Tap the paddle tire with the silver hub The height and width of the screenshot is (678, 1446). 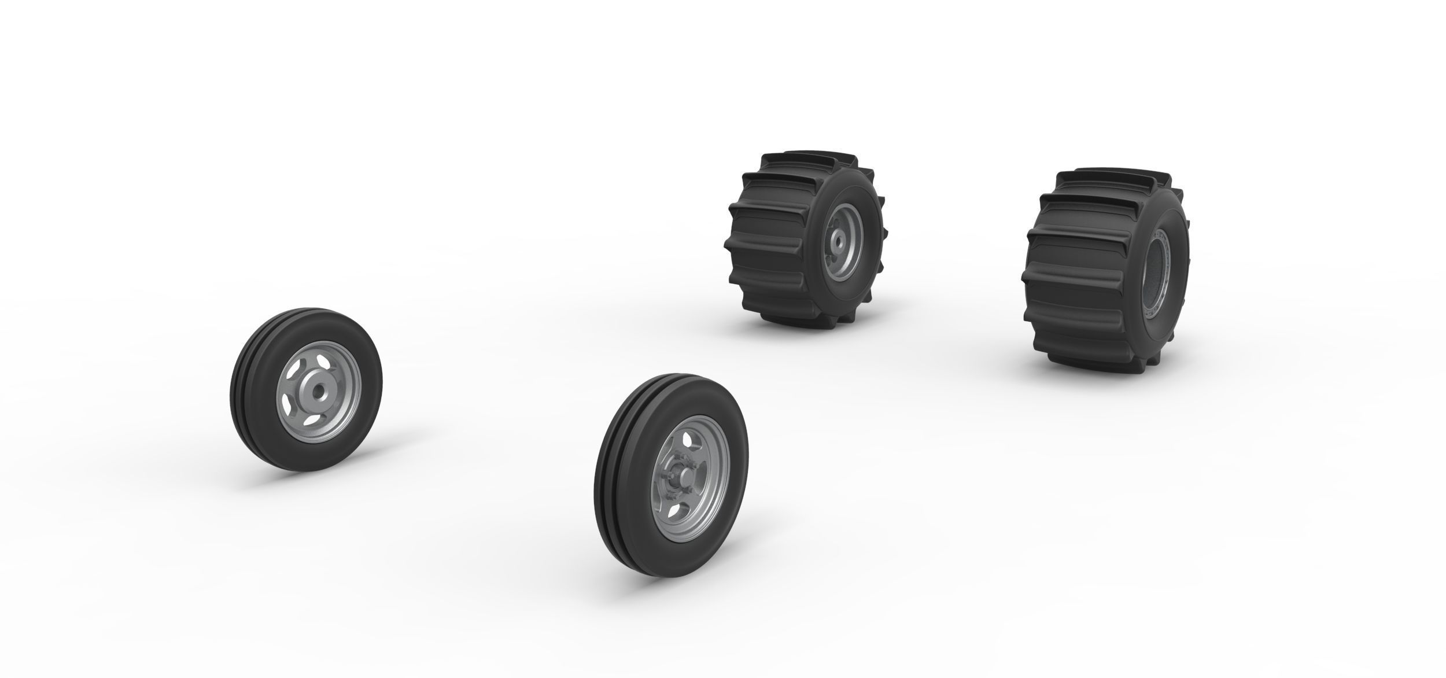804,237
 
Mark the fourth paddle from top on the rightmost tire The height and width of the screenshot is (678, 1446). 1070,289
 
